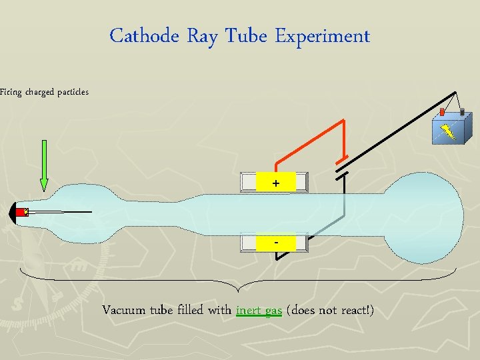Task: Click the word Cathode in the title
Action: click(x=144, y=36)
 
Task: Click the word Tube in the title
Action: click(x=246, y=36)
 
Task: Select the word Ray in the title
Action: click(x=201, y=36)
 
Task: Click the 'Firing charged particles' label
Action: click(x=44, y=92)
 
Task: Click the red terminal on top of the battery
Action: click(x=441, y=112)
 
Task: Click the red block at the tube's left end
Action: click(x=24, y=213)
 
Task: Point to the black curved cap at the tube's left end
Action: click(x=15, y=213)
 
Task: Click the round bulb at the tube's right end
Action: click(x=424, y=217)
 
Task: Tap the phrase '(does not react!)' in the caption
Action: click(x=329, y=311)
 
